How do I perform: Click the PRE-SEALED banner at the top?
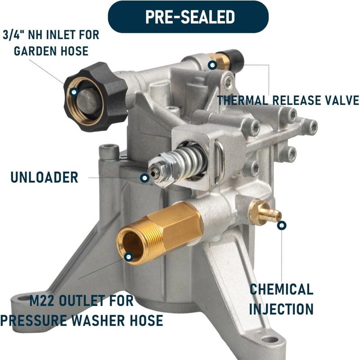click(x=189, y=17)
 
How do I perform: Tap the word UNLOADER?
click(x=44, y=177)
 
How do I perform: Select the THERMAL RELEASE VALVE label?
click(x=288, y=100)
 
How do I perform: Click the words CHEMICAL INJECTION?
click(x=281, y=299)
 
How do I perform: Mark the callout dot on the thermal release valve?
click(x=212, y=65)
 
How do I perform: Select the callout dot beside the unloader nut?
click(x=144, y=178)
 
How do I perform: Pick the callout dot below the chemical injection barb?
click(x=281, y=225)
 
